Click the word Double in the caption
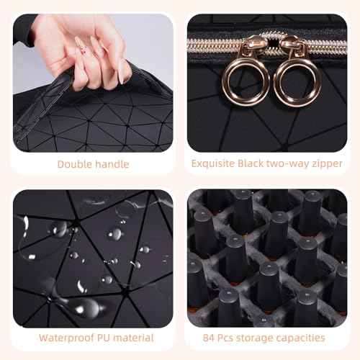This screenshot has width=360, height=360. coord(75,164)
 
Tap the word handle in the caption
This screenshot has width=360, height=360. coord(112,164)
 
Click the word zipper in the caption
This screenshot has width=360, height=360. coord(325,164)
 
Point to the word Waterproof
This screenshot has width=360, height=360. coord(68,337)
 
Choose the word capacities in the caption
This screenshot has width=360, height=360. coord(300,337)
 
